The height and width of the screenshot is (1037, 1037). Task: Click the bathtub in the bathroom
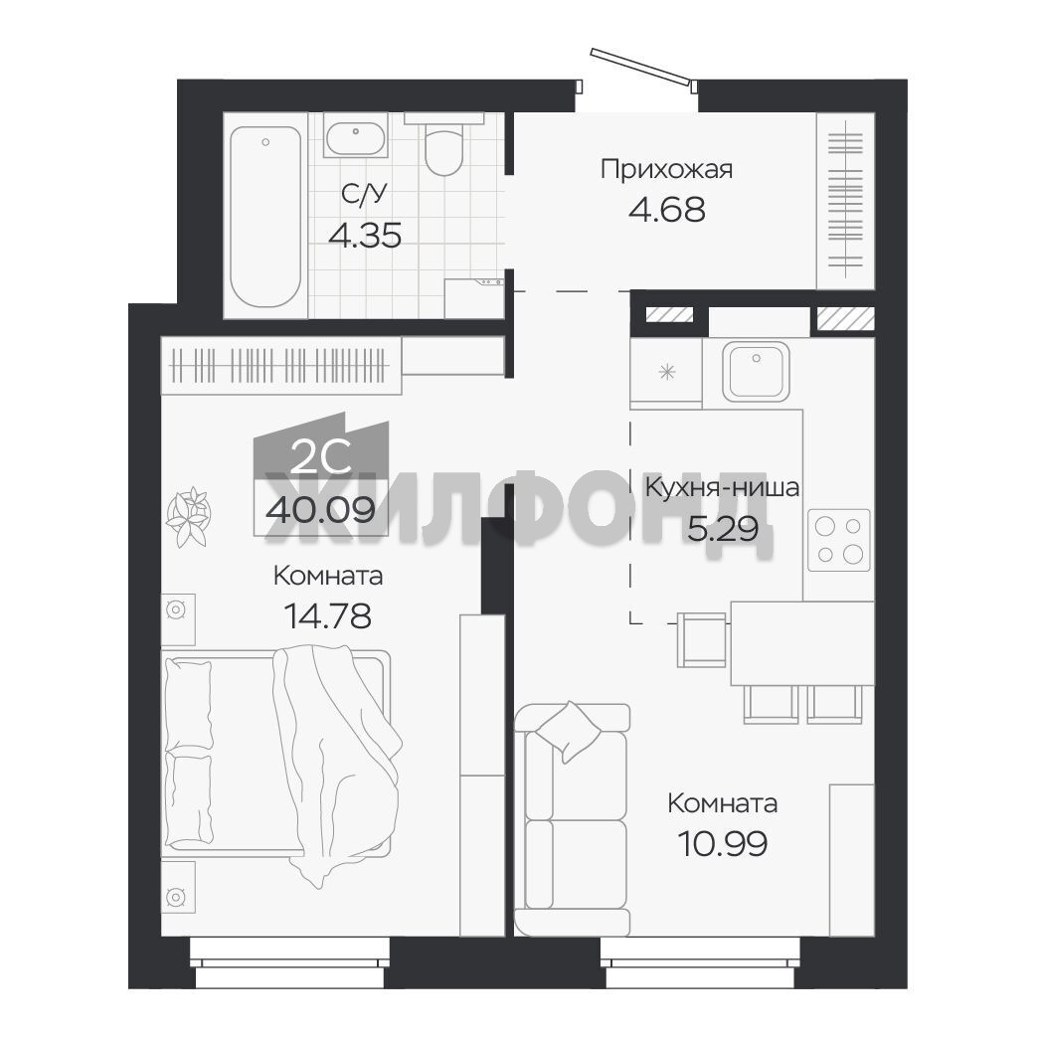click(x=265, y=217)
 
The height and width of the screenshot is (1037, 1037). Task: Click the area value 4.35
click(x=365, y=236)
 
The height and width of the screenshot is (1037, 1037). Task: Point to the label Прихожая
click(x=666, y=170)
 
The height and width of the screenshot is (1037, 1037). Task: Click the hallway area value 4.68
click(x=666, y=210)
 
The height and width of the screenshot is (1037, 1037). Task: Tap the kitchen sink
click(x=756, y=371)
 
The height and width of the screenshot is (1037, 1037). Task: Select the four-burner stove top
click(x=838, y=540)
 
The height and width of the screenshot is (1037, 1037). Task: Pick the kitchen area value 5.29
click(x=723, y=528)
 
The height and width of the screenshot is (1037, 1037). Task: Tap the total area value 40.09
click(x=321, y=510)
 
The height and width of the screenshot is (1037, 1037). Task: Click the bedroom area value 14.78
click(x=328, y=615)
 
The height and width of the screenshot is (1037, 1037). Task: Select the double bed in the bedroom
click(x=277, y=754)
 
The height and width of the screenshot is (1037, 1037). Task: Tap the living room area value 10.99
click(x=722, y=843)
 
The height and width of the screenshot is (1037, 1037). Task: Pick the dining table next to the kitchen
click(x=802, y=643)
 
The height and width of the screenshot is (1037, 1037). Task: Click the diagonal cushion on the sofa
click(x=568, y=731)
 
